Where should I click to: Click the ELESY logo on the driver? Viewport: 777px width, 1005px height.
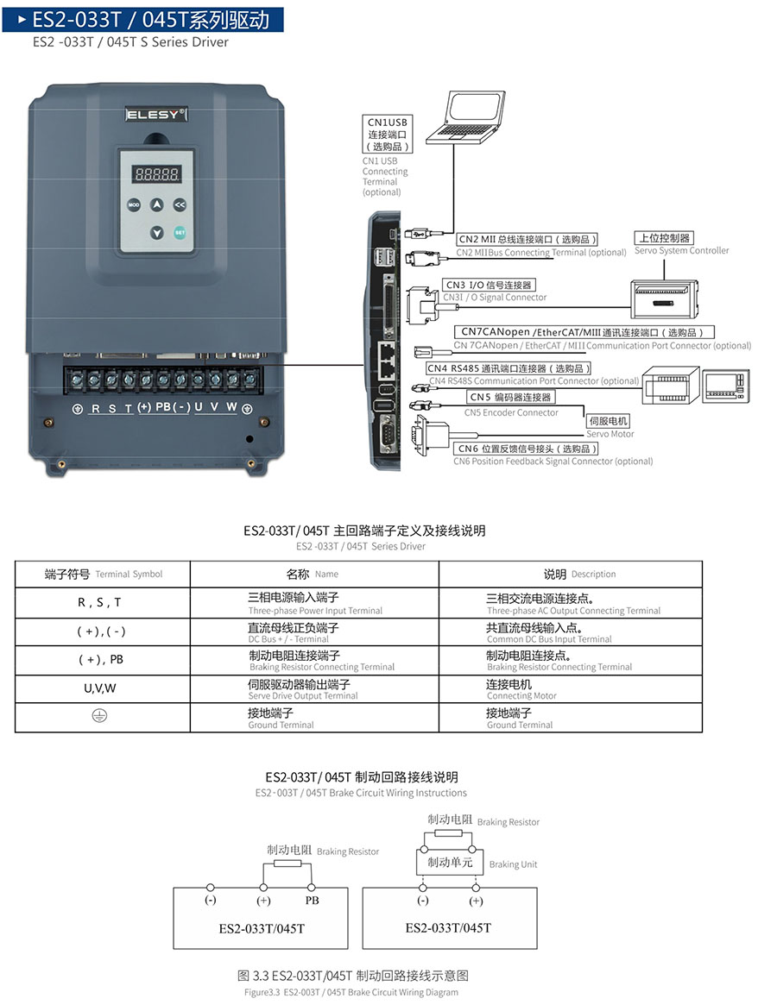pos(156,114)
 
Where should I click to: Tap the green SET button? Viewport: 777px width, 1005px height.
pos(180,231)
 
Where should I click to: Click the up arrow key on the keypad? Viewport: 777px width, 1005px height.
pos(156,205)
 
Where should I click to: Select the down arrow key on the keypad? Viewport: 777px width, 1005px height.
pos(156,231)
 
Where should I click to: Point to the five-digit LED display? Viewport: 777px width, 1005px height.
pos(156,173)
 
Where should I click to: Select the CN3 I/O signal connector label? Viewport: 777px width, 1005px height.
pos(489,285)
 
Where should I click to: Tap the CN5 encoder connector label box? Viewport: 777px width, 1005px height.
pos(509,397)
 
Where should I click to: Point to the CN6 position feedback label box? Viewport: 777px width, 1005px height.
pos(538,449)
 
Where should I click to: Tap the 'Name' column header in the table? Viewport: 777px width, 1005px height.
pos(313,574)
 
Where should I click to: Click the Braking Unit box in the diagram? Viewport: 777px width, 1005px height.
pos(450,863)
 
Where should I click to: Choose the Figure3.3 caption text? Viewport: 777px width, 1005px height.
pos(351,992)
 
